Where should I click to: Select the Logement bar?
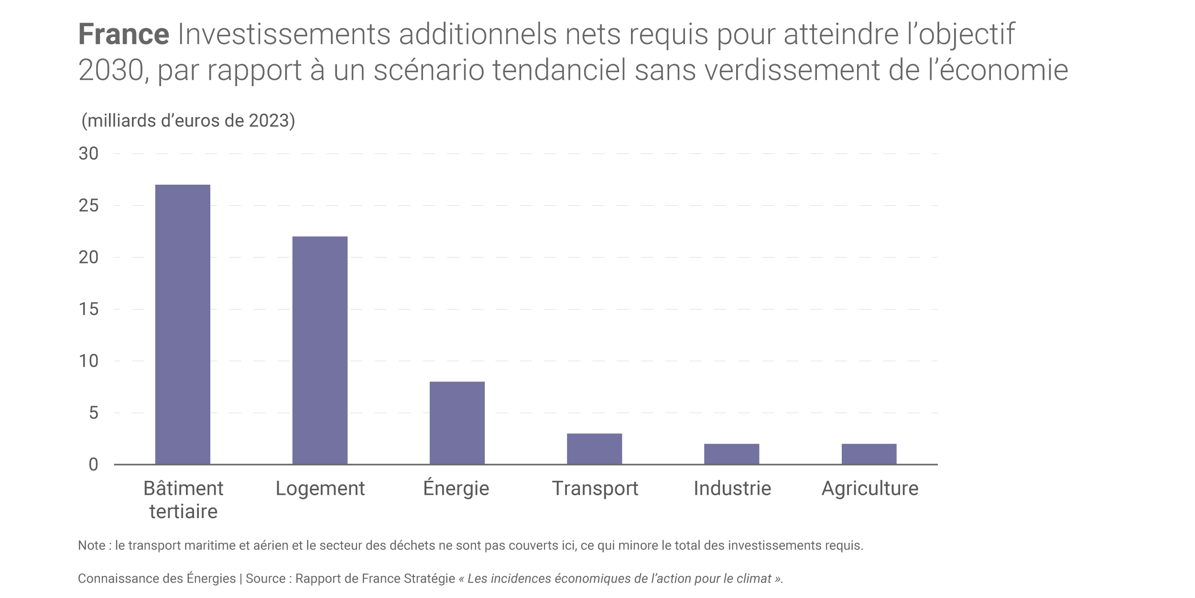320,350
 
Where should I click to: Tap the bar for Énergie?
457,423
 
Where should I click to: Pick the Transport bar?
594,449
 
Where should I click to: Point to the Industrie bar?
731,454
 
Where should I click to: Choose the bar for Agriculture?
869,454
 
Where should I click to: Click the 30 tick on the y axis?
88,154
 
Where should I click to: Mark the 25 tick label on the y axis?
88,206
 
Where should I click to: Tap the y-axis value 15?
88,309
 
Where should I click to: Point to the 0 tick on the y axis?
93,465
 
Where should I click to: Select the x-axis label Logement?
320,488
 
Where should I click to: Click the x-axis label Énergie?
456,488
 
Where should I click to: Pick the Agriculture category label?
870,488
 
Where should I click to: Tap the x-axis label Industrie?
732,488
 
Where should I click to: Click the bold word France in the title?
123,34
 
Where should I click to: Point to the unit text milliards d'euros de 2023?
188,121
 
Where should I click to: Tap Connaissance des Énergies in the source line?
157,578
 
